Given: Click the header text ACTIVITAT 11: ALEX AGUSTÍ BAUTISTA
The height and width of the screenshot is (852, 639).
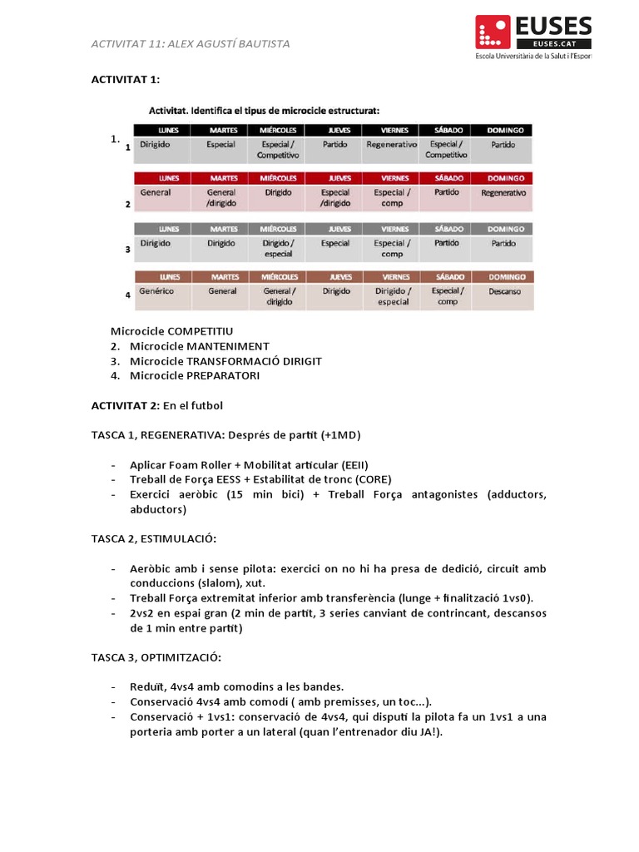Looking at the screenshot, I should coord(191,44).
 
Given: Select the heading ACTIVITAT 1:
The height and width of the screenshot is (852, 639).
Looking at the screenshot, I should coord(125,79).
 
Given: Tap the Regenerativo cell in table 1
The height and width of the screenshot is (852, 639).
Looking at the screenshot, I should coord(391,144).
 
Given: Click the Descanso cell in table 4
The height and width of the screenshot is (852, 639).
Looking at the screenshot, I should coord(505,291).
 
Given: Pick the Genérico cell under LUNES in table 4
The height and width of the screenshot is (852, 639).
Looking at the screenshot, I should coord(156,291).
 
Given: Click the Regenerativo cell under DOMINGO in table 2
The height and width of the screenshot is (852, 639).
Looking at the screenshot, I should coord(503,192).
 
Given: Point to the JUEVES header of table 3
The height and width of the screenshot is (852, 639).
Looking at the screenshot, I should coord(335,228).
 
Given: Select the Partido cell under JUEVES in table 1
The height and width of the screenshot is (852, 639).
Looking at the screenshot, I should coord(335,144).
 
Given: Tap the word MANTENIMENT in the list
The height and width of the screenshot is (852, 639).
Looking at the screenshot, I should coord(228,346).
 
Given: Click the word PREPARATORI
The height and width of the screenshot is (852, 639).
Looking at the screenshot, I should coord(223,376).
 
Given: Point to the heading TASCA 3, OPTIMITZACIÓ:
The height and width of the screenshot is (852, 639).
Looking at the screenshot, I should coord(156,657).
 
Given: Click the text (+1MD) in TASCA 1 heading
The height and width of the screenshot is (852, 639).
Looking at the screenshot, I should coord(340,435).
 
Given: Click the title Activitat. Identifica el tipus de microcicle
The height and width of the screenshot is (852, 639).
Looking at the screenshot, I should coord(264,110).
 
